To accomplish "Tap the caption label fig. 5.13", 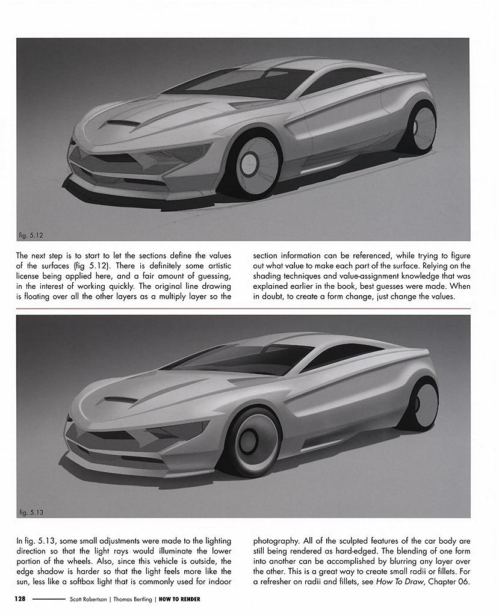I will (x=31, y=512).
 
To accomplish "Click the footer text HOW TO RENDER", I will (x=179, y=599).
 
